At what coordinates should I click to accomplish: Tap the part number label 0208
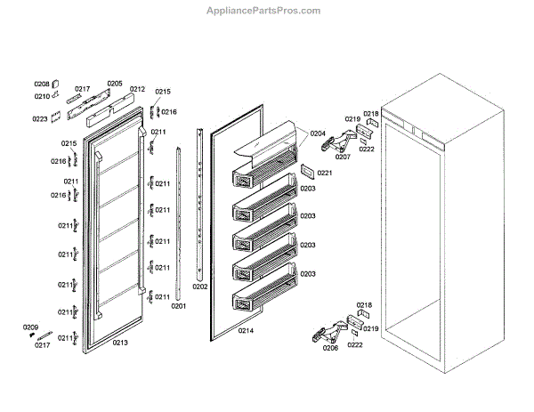point(42,85)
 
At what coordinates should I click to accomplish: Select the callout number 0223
point(40,118)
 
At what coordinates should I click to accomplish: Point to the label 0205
point(115,84)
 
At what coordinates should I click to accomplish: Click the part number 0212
point(137,89)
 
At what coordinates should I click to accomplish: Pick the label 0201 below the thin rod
point(179,306)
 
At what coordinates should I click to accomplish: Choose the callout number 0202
point(200,287)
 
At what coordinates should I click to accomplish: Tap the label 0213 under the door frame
point(120,343)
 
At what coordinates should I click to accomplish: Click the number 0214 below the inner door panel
point(247,331)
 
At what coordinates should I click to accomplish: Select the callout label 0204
point(318,133)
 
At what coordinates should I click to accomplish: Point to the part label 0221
point(324,173)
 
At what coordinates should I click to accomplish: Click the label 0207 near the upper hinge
point(343,157)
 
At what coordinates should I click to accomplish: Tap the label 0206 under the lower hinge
point(330,348)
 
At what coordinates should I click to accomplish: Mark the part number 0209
point(30,328)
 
